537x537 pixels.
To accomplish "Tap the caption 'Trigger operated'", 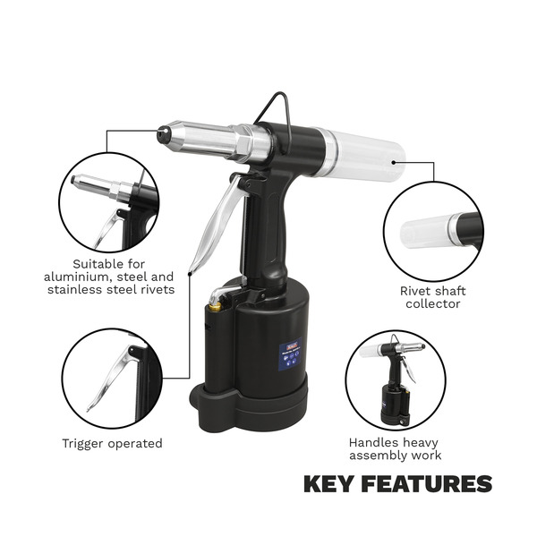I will click(112, 443).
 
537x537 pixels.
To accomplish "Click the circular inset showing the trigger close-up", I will click(112, 376).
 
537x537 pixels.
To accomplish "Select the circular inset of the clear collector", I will click(432, 232).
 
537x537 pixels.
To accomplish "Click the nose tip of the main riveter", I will click(164, 134).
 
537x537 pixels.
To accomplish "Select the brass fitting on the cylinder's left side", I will click(215, 308).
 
